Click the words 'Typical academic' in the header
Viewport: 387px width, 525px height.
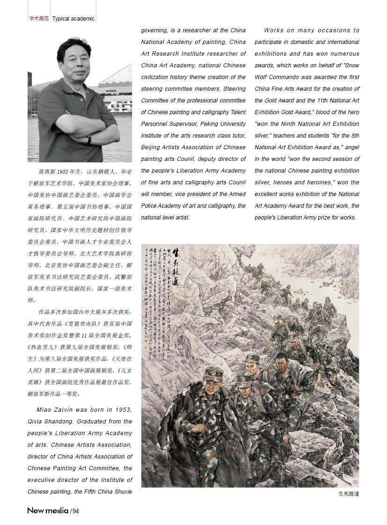(x=73, y=19)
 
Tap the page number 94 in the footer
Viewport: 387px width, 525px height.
(x=75, y=510)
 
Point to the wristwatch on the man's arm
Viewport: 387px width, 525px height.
(x=89, y=139)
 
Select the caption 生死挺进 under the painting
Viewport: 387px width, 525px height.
(x=348, y=493)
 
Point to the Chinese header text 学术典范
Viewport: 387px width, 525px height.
(x=39, y=19)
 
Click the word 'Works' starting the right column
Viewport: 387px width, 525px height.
(x=274, y=30)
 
